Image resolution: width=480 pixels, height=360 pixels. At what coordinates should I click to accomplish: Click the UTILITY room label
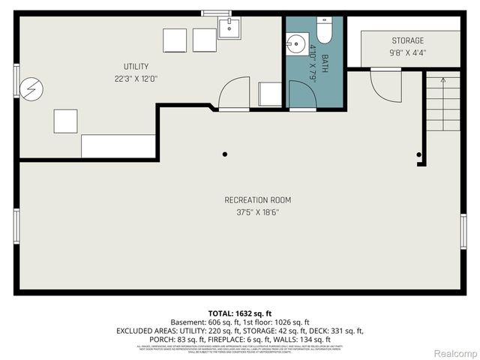tap(136, 66)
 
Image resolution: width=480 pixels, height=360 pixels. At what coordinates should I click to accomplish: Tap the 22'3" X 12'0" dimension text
tap(136, 78)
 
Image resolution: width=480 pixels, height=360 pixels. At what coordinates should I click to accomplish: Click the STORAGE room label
tap(407, 40)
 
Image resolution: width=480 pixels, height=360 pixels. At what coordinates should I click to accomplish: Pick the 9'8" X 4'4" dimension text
tap(407, 52)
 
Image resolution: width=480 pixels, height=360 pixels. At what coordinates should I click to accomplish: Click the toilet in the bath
tap(324, 31)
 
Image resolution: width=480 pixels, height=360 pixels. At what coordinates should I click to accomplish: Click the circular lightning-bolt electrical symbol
tap(30, 89)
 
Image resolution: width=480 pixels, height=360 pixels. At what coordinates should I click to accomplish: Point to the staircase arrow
tap(443, 77)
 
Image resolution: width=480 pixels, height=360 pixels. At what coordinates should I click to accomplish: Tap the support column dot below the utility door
tap(225, 154)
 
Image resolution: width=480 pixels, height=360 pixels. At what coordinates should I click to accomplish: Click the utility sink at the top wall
tap(228, 28)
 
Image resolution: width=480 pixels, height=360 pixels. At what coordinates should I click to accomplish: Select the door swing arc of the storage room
tap(382, 86)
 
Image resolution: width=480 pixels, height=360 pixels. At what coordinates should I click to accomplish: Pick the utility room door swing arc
tap(232, 93)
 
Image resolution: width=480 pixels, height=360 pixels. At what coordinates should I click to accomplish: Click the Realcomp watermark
tap(454, 352)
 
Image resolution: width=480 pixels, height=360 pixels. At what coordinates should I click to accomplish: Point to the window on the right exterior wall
tap(463, 230)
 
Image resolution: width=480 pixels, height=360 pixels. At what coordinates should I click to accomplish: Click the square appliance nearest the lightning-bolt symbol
tap(65, 120)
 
